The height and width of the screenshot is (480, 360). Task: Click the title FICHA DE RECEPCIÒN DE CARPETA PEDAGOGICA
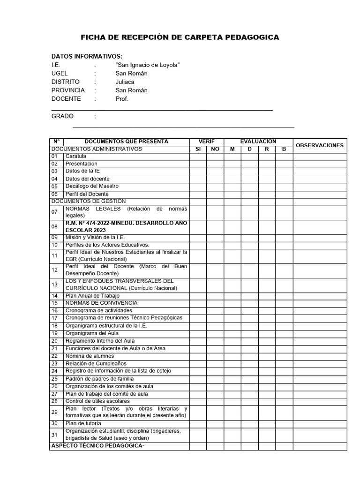click(180, 37)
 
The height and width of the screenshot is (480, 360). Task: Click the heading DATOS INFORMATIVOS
click(87, 56)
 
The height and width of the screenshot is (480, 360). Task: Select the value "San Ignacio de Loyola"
click(148, 65)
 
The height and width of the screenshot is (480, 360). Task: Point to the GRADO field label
click(63, 116)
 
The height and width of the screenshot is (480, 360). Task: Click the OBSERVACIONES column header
click(320, 145)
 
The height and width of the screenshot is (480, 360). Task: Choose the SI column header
click(198, 149)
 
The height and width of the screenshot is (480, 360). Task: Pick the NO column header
click(215, 149)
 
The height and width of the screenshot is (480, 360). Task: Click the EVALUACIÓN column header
click(258, 142)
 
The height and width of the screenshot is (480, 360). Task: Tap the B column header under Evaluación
click(284, 149)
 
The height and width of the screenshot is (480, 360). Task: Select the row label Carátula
click(76, 156)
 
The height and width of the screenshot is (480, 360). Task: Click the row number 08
click(54, 226)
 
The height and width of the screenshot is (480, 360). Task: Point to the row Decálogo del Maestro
click(92, 186)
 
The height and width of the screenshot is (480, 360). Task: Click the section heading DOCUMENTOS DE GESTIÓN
click(89, 201)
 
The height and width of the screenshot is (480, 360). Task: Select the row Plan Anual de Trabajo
click(92, 296)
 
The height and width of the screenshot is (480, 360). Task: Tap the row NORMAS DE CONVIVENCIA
click(101, 303)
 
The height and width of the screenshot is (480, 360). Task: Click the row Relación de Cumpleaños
click(96, 363)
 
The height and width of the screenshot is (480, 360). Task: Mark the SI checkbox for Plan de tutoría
click(198, 423)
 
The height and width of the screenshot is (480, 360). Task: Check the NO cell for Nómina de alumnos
click(215, 356)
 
